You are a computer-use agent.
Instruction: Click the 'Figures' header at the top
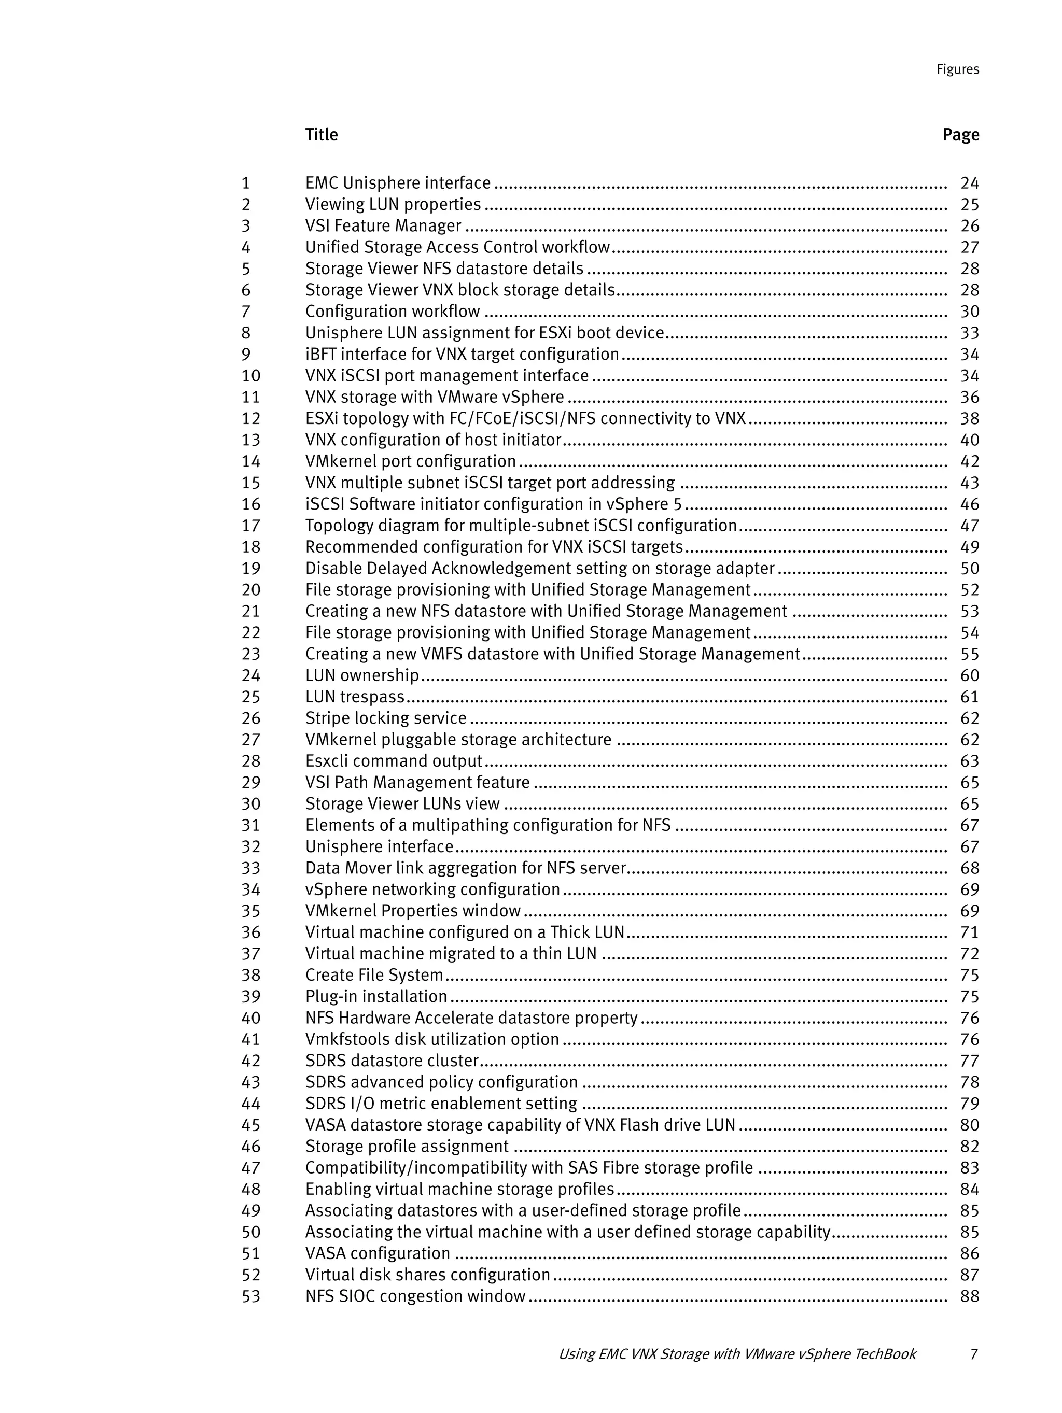(957, 69)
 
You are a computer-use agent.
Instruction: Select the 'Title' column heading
(321, 135)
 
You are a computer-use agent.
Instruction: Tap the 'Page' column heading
(960, 135)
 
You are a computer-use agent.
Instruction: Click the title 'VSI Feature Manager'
(383, 226)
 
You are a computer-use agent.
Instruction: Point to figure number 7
(246, 312)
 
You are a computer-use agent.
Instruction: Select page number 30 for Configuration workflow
(969, 312)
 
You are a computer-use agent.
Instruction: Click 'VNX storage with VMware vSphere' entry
(435, 398)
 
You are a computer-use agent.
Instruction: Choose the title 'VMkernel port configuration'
(410, 461)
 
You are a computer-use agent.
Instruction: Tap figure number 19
(250, 569)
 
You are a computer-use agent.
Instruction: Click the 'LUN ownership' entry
(361, 675)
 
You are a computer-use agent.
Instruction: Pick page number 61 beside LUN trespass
(969, 697)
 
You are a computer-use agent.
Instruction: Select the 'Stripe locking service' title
(386, 718)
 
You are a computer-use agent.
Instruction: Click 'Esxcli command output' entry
(393, 761)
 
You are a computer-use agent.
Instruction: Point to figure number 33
(250, 868)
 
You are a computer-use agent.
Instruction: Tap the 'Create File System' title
(374, 976)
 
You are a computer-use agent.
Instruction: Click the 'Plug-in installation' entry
(376, 996)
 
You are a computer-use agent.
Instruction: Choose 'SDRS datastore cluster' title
(392, 1061)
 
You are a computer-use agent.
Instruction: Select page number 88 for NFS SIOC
(969, 1296)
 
